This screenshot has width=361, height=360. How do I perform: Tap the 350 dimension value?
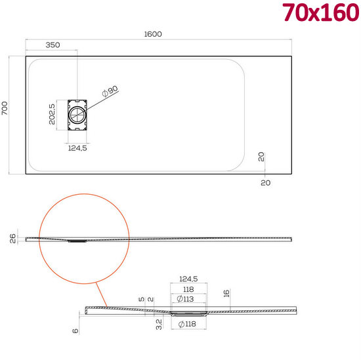[x=53, y=45]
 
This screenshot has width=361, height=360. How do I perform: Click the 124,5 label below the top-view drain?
[x=77, y=148]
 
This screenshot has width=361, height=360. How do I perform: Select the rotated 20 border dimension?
[x=262, y=158]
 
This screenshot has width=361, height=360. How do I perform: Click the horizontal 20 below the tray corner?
[x=265, y=183]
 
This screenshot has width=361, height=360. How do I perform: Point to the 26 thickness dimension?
[x=13, y=239]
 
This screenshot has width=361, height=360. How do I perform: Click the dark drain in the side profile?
[x=77, y=241]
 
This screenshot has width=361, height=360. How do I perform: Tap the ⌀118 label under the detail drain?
[x=188, y=325]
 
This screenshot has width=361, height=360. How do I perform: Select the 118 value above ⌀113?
[x=189, y=289]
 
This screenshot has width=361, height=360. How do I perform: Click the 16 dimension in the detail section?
[x=225, y=294]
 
